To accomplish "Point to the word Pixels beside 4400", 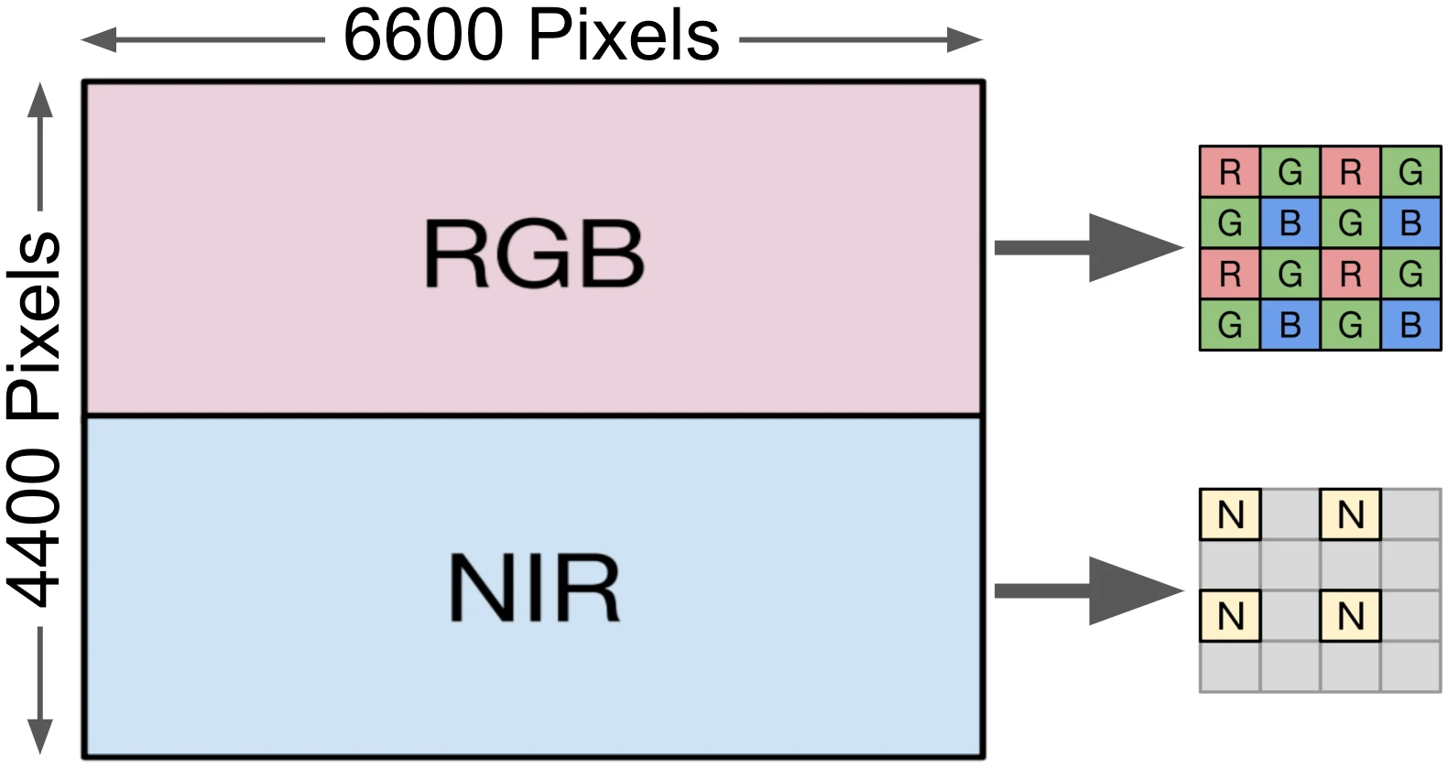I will click(x=35, y=326).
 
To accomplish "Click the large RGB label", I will click(x=533, y=254).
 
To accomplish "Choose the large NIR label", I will click(x=533, y=588).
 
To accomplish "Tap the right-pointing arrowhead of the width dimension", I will click(x=965, y=39).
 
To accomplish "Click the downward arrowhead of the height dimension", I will click(x=39, y=736).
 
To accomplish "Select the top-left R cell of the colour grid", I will click(x=1230, y=172).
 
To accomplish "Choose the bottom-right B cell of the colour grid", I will click(x=1410, y=324).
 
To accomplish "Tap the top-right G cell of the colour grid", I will click(x=1410, y=172).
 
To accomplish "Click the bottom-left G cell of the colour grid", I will click(x=1230, y=324).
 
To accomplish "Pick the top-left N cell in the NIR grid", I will click(x=1230, y=514).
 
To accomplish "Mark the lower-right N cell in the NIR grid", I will click(x=1350, y=616).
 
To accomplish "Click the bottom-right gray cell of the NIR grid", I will click(x=1410, y=666).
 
